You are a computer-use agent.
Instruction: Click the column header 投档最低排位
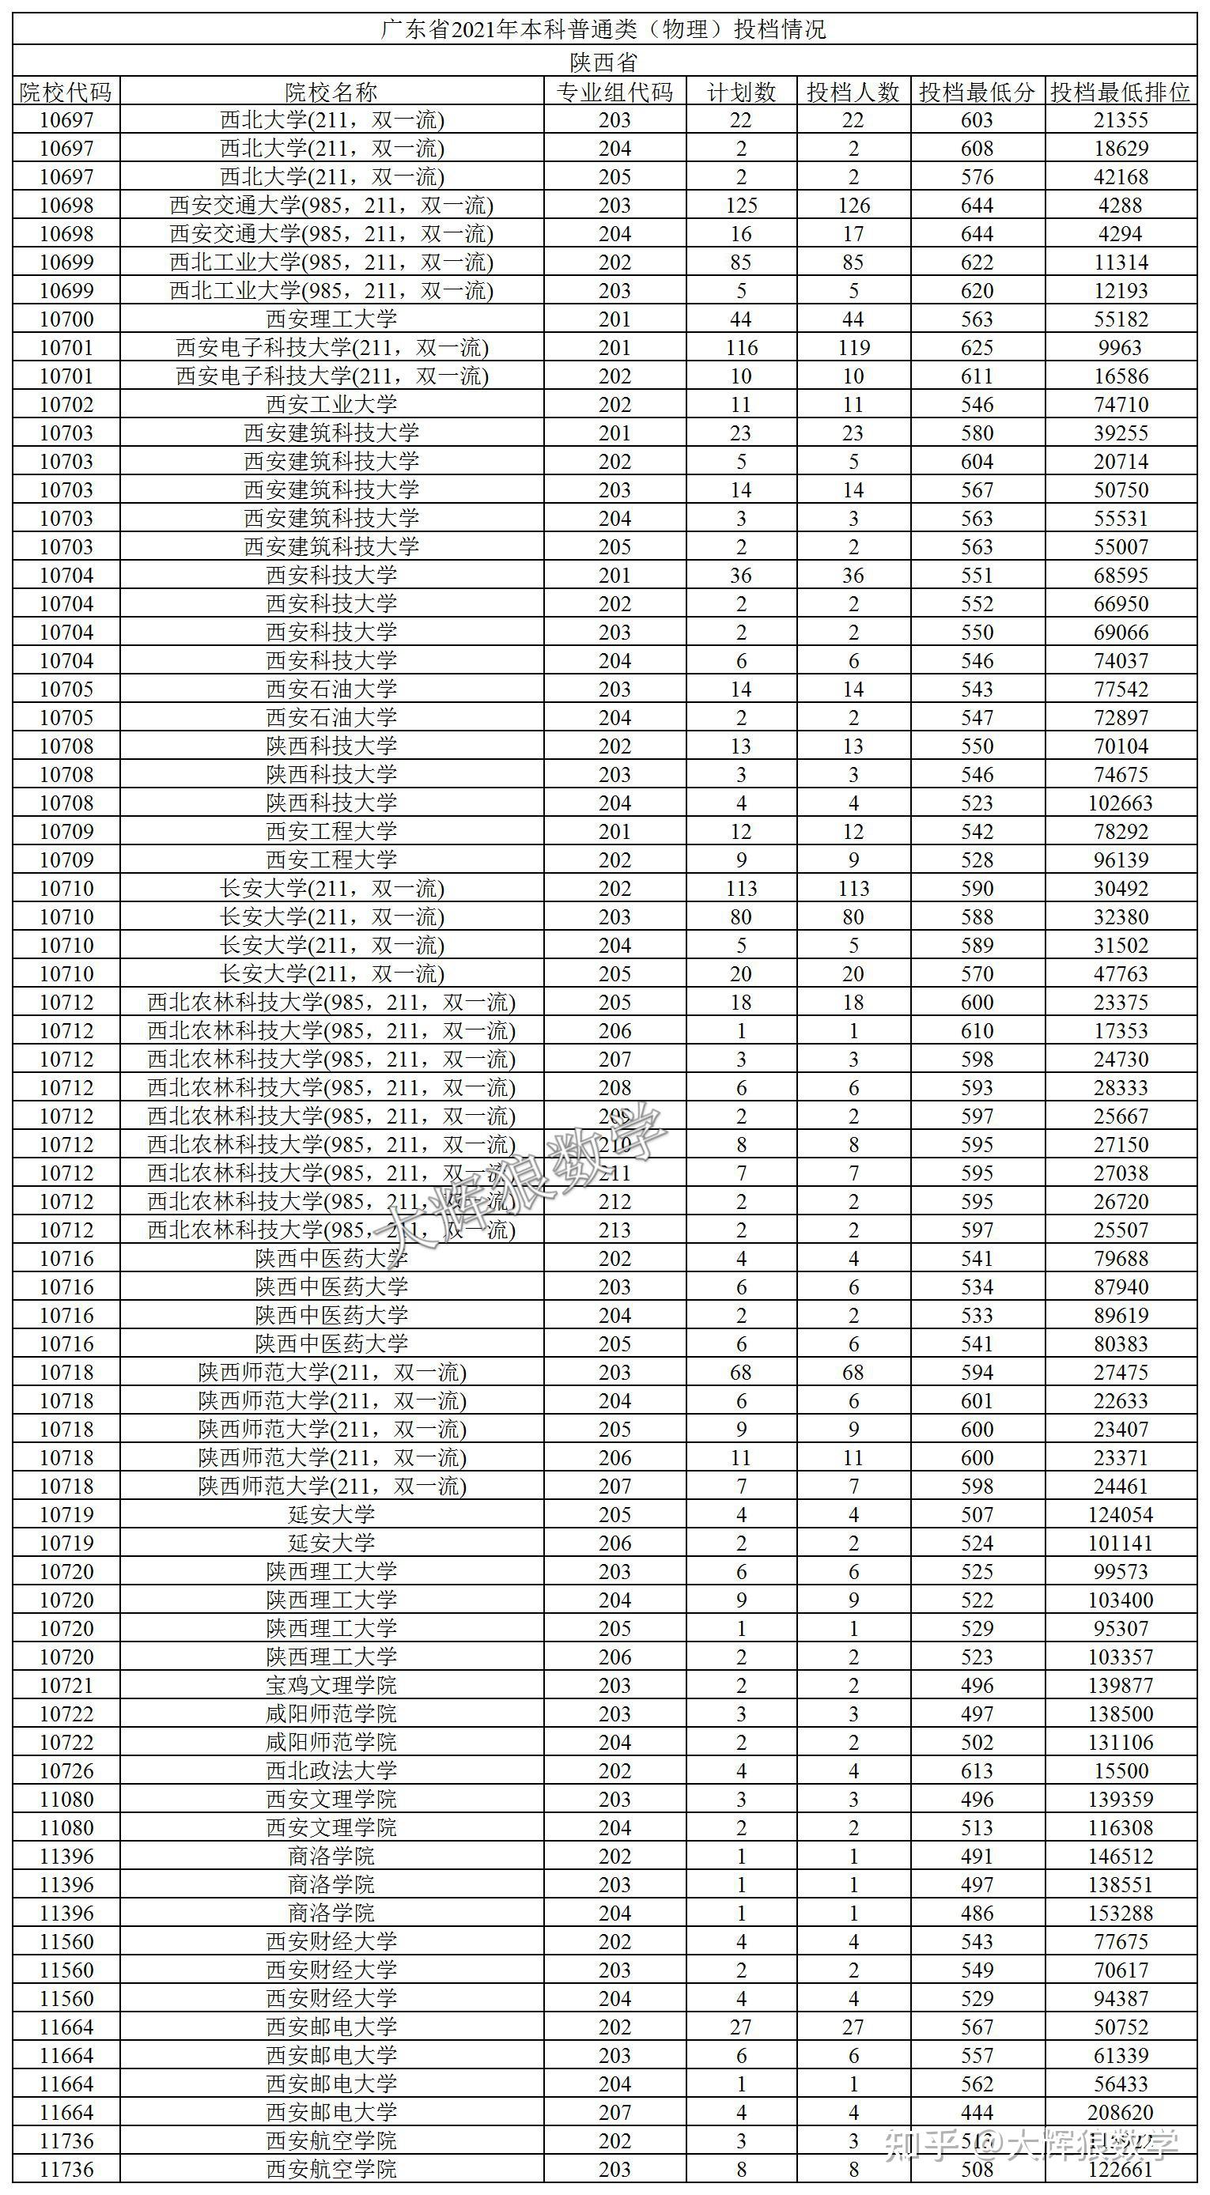point(1120,92)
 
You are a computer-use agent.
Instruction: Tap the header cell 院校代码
point(66,92)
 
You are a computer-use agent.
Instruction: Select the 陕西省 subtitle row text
point(603,62)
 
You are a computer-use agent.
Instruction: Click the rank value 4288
point(1121,206)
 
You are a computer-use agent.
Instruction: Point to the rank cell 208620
point(1121,2112)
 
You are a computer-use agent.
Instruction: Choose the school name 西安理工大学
point(331,319)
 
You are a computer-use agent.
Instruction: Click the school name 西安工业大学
point(331,405)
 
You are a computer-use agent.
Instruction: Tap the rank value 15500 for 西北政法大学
point(1121,1770)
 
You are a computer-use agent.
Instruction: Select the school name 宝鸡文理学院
point(331,1686)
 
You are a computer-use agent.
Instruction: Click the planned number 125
point(740,206)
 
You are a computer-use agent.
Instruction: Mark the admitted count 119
point(853,348)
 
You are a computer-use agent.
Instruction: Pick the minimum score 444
point(977,2112)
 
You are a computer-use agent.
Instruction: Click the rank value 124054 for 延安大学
point(1121,1514)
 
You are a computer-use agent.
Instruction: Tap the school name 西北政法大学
point(331,1770)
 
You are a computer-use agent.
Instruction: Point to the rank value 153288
point(1121,1913)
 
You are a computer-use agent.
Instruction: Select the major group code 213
point(614,1230)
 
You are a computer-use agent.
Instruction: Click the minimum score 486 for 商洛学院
point(977,1913)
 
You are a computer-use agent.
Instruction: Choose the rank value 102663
point(1121,803)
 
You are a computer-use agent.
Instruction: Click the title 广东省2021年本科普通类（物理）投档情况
point(603,30)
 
